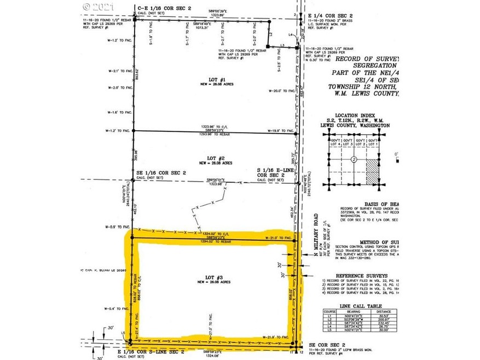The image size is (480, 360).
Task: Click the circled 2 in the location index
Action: pyautogui.click(x=354, y=160)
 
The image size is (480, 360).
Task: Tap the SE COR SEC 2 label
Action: pyautogui.click(x=323, y=344)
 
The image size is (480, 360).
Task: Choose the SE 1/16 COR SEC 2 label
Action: pyautogui.click(x=161, y=173)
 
